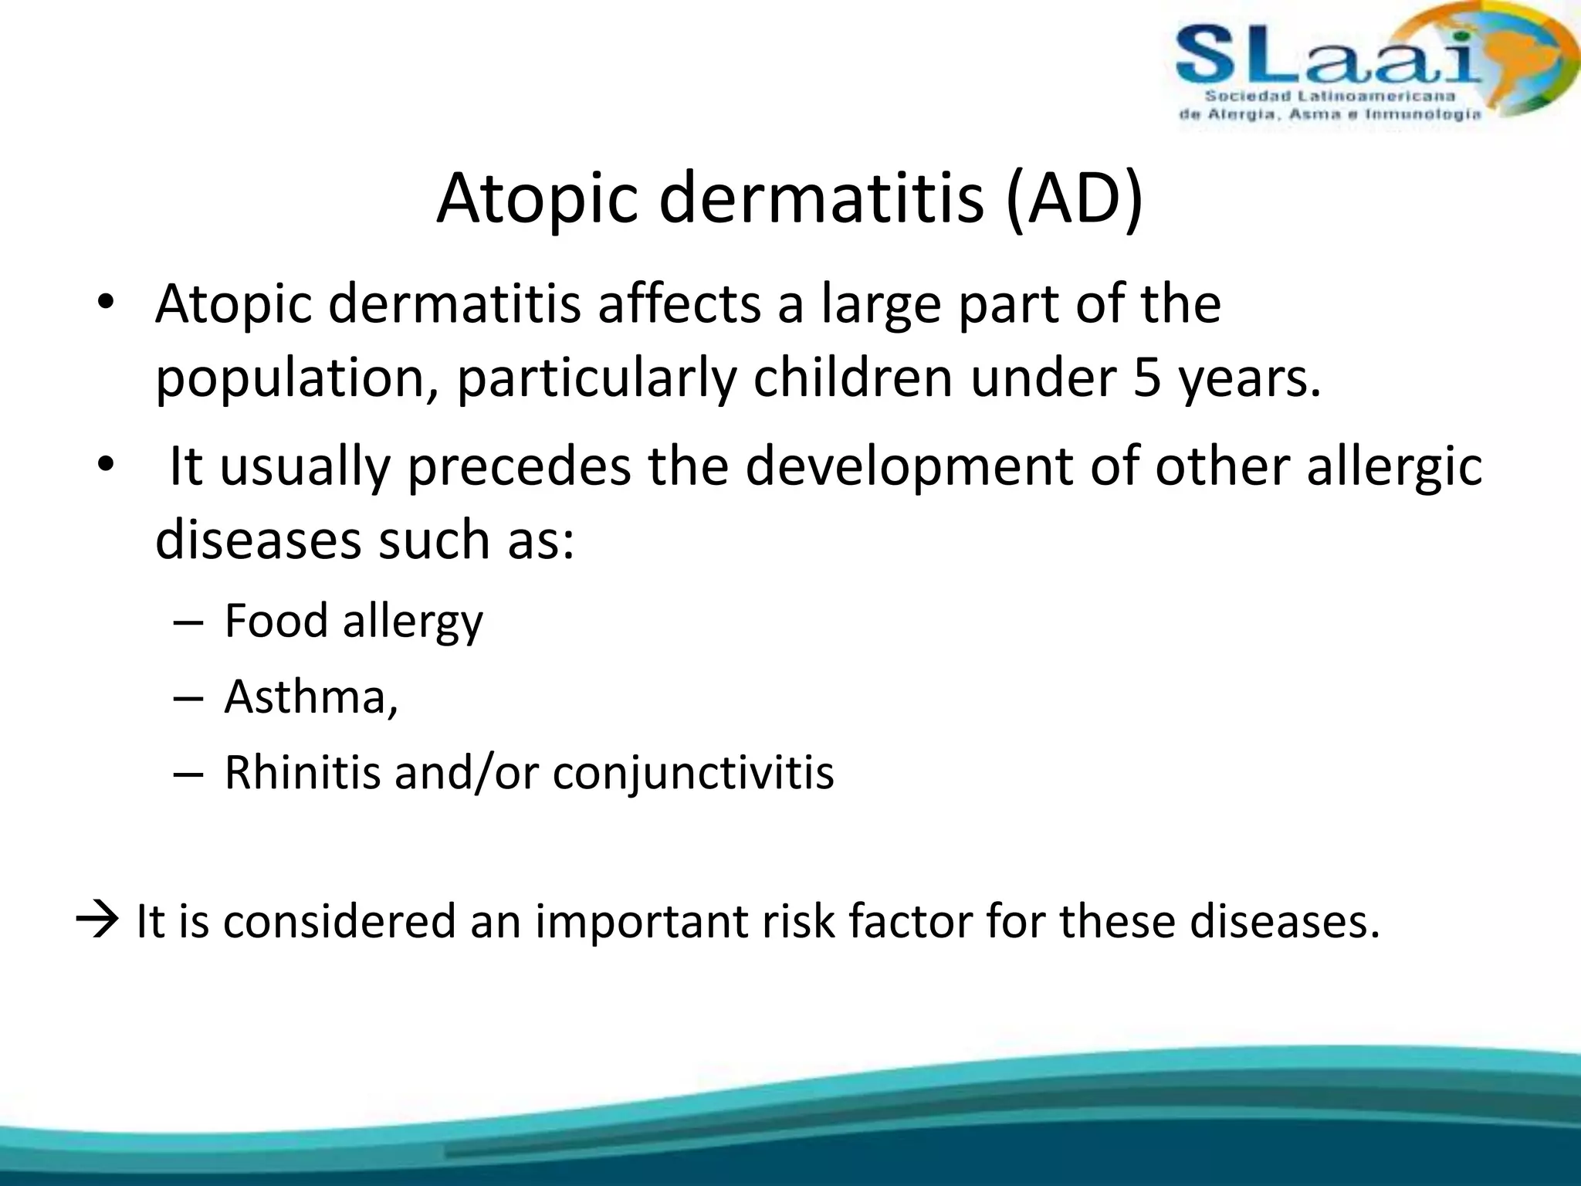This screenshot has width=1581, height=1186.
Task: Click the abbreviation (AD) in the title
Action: click(1075, 198)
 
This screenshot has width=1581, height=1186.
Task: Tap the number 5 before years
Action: click(1146, 378)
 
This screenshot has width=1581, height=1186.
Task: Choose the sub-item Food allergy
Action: click(354, 621)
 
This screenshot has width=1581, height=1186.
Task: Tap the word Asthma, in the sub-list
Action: click(311, 696)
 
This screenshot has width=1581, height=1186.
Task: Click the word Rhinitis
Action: click(302, 772)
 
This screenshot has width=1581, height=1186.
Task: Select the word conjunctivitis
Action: click(693, 773)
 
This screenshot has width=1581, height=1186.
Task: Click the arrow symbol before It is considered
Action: click(97, 920)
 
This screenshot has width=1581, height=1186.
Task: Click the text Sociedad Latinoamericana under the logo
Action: click(1329, 97)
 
